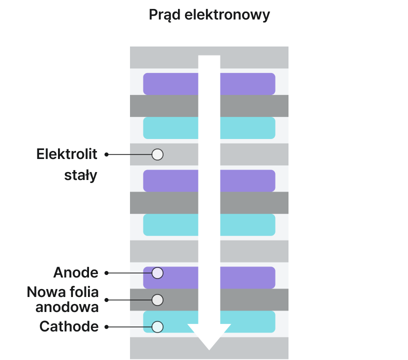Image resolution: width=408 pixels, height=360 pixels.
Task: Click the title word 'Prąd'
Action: click(x=164, y=15)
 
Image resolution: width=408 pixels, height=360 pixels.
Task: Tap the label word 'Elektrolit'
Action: click(x=67, y=154)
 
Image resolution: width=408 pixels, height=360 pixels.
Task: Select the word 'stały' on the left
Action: click(x=81, y=176)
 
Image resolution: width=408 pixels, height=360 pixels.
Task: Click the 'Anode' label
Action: click(x=75, y=273)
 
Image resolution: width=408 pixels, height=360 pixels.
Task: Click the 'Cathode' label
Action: click(x=68, y=327)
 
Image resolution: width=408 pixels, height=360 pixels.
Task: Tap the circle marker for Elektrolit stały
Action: click(x=157, y=154)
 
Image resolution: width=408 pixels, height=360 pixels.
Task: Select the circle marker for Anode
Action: click(x=157, y=273)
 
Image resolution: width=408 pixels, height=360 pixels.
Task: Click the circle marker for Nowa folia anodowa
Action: click(x=157, y=300)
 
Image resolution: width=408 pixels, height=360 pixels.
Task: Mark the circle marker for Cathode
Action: click(x=157, y=327)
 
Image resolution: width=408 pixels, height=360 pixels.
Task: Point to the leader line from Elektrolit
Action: click(x=129, y=154)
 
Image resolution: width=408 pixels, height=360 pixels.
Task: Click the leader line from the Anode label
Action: click(x=129, y=273)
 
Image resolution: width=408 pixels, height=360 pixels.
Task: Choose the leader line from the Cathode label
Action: click(x=129, y=327)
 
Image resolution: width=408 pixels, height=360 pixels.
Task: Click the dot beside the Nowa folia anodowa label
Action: click(x=106, y=300)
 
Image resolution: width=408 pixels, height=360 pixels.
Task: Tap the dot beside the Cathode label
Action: click(x=106, y=327)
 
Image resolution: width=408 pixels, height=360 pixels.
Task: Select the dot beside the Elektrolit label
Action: click(x=106, y=154)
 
